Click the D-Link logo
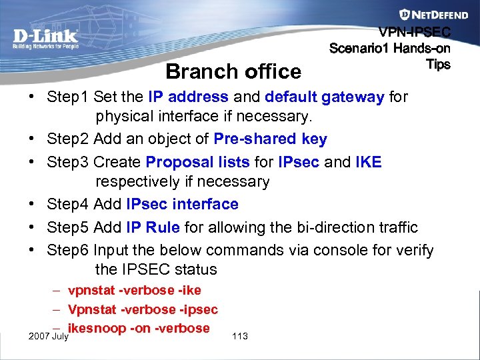(x=46, y=37)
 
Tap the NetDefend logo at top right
(x=425, y=14)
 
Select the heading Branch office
(x=233, y=71)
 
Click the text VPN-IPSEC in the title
(x=415, y=32)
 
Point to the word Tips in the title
(x=438, y=65)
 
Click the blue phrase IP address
(x=188, y=97)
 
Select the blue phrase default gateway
(x=324, y=97)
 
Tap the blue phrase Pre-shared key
(x=270, y=139)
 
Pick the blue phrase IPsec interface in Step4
(x=182, y=204)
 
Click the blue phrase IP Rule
(x=153, y=227)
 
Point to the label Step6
(x=68, y=250)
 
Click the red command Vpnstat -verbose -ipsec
(x=143, y=310)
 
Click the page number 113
(x=240, y=336)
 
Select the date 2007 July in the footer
(x=48, y=336)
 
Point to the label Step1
(x=68, y=97)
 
